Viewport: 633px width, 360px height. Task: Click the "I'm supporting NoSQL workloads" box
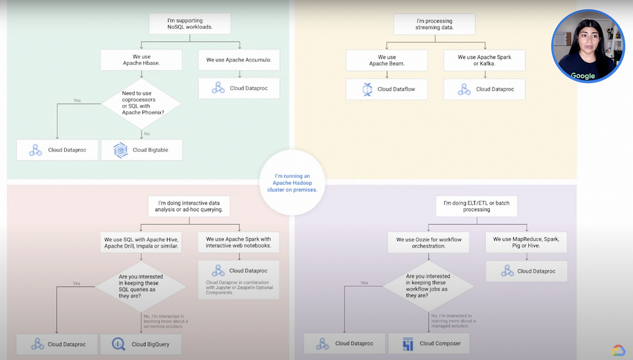[x=182, y=24]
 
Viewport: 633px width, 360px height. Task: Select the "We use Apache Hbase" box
[x=141, y=60]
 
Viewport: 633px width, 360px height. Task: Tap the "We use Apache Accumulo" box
[x=238, y=60]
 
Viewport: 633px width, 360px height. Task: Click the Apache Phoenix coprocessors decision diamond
[x=141, y=103]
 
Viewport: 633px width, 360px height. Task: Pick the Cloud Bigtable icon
[x=121, y=150]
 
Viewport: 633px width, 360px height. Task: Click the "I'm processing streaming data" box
[x=434, y=24]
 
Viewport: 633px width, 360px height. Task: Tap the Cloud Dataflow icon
[x=367, y=90]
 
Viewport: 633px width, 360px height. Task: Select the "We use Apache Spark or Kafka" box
[x=484, y=60]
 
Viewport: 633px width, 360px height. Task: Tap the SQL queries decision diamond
[x=141, y=286]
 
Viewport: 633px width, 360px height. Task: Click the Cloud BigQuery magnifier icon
[x=118, y=345]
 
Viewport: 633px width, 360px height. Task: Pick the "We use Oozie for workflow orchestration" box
[x=428, y=242]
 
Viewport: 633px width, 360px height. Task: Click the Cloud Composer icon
[x=408, y=344]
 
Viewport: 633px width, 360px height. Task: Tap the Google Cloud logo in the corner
[x=618, y=351]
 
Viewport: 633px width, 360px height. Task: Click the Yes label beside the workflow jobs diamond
[x=364, y=283]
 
